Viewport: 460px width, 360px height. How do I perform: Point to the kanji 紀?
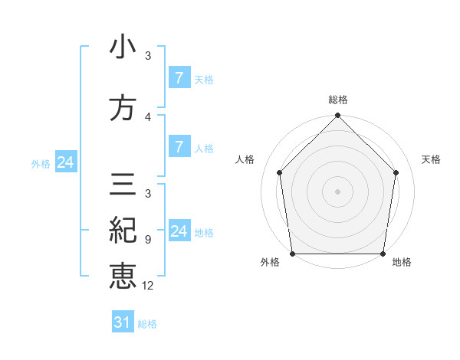[x=123, y=230]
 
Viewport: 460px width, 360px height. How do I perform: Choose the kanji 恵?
[x=123, y=276]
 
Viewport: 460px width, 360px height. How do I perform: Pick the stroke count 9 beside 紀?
[x=148, y=239]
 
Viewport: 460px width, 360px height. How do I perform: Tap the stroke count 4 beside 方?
[x=148, y=116]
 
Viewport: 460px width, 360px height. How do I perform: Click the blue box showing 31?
[x=123, y=322]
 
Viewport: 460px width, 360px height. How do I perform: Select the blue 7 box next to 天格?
[x=179, y=77]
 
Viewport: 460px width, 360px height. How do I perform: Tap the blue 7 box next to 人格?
[x=179, y=147]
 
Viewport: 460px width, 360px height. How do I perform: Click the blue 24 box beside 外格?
[x=65, y=162]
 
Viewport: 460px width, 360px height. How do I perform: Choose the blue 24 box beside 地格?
[x=179, y=231]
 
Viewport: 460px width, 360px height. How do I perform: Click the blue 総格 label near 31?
[x=147, y=324]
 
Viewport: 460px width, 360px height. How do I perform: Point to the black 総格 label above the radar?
[x=338, y=100]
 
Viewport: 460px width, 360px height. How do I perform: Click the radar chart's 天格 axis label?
[x=432, y=159]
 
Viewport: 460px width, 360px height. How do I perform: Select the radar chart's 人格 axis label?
[x=245, y=159]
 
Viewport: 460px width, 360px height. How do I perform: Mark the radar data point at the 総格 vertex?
[x=338, y=116]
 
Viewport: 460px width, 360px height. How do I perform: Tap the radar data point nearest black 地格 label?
[x=383, y=254]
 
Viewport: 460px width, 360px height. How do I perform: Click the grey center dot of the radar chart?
[x=338, y=191]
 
